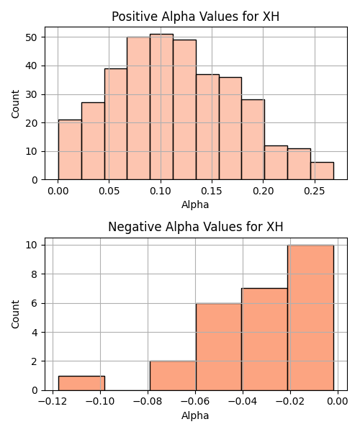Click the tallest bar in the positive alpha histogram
tap(162, 107)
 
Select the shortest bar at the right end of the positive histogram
tap(322, 171)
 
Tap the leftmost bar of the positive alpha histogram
tap(70, 150)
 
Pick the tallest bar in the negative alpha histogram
tap(311, 318)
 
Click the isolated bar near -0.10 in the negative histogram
tap(81, 383)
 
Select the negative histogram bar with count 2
tap(173, 376)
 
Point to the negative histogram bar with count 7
tap(265, 339)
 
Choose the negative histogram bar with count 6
tap(219, 347)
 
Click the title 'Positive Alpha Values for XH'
tap(196, 17)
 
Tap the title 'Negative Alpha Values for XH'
tap(196, 227)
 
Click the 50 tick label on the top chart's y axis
tap(32, 37)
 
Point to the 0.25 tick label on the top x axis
tap(315, 191)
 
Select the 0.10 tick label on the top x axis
tap(161, 191)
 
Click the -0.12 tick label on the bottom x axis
tap(53, 402)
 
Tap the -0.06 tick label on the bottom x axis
tap(195, 402)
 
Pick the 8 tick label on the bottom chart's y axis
tap(35, 274)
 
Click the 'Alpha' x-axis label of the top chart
tap(195, 204)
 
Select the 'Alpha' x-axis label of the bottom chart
tap(195, 415)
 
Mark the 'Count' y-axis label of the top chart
tap(15, 104)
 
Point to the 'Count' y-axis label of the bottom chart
tap(15, 315)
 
